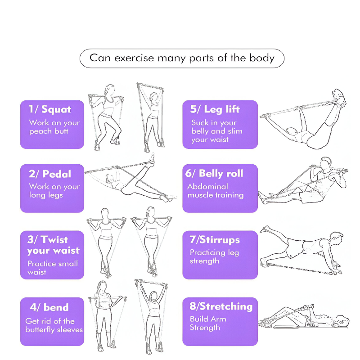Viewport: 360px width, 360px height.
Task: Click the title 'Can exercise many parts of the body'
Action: coord(182,58)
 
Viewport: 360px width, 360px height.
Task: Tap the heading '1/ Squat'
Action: coord(50,109)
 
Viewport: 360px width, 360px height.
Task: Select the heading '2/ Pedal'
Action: coord(50,174)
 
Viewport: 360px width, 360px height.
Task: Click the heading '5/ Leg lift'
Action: coord(215,109)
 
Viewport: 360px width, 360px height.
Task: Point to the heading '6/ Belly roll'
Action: coord(214,173)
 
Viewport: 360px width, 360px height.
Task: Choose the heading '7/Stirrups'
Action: coord(215,240)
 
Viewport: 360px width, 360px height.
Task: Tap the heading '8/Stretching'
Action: coord(221,306)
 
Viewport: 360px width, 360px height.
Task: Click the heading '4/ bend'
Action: coord(49,307)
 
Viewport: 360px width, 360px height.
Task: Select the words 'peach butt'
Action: coord(49,131)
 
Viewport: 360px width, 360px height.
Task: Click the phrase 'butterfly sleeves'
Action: coord(54,330)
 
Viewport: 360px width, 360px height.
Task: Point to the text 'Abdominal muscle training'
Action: coord(216,191)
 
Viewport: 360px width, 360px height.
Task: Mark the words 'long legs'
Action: coord(46,195)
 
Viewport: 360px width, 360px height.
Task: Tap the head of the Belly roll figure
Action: coord(326,163)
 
